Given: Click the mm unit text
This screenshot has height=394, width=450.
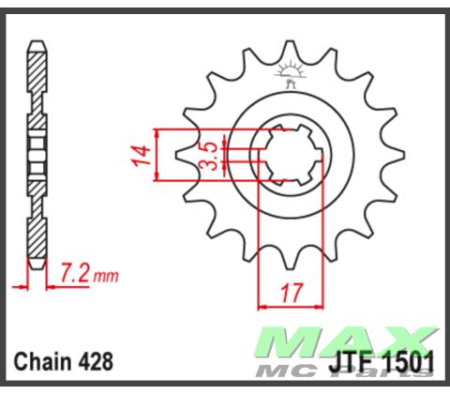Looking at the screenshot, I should (x=106, y=277).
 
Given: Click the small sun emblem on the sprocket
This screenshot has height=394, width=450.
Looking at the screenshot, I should (x=288, y=71).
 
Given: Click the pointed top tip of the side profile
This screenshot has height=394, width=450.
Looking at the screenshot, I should (x=36, y=42).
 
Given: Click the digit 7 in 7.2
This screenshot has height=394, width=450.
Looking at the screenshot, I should (x=66, y=275).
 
